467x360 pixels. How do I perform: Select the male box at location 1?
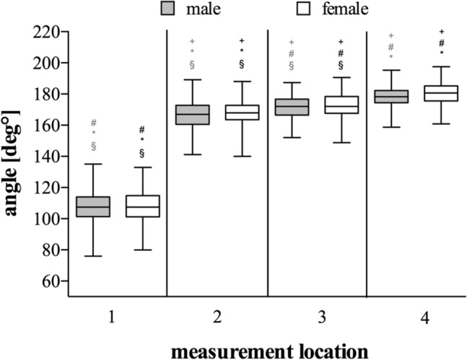93,206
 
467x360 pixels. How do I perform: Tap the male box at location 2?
193,114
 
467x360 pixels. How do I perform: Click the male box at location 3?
292,107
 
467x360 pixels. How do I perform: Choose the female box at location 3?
342,105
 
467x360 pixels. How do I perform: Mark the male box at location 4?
392,96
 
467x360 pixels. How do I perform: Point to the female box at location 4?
442,94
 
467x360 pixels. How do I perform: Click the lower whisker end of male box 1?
93,256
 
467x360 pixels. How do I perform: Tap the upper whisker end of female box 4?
442,67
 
